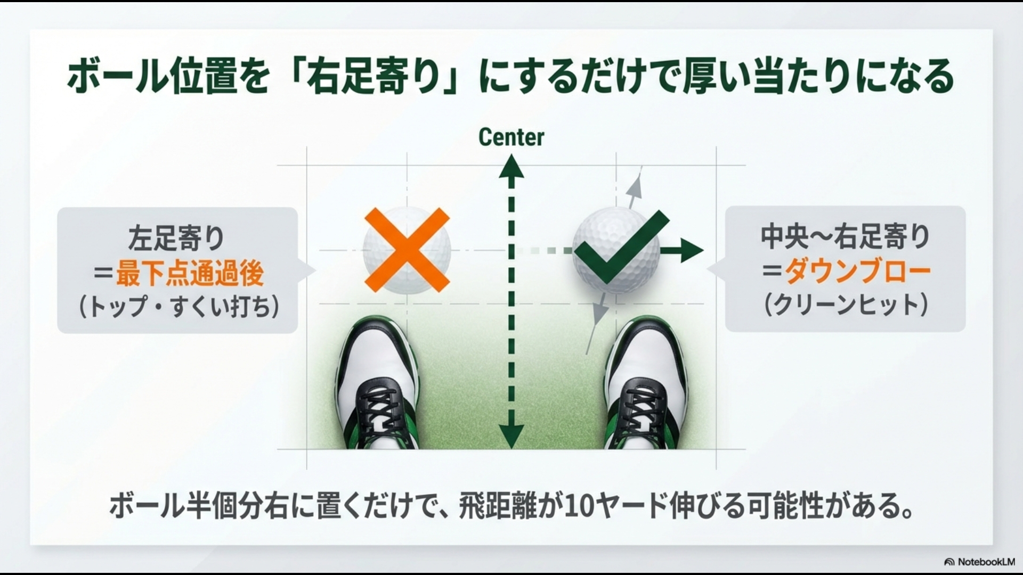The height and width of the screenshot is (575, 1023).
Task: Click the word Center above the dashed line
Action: pos(511,137)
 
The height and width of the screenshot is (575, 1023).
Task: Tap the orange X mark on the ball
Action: pos(407,250)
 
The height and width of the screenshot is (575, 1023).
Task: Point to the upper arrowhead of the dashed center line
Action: pos(511,166)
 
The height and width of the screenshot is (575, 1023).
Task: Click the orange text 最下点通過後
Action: pos(190,274)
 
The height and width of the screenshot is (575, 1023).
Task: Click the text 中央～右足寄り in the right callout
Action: pos(846,237)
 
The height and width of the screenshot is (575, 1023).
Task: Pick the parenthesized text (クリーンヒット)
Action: pos(846,305)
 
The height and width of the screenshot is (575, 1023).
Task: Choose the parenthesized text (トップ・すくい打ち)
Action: pos(178,307)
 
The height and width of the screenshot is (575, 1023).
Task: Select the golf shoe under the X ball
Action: pos(377,383)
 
